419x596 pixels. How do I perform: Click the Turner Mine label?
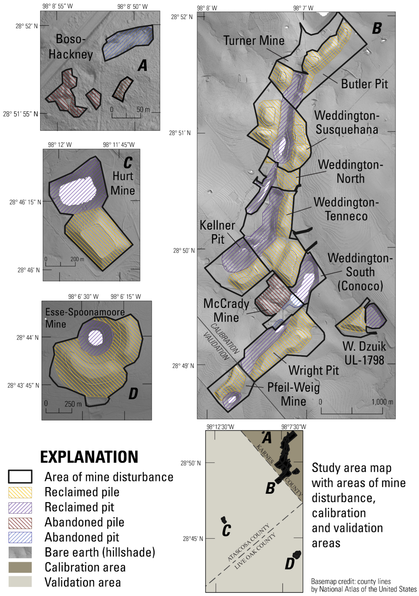254,41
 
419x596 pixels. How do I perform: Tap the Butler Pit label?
364,84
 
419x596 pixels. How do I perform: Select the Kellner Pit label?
217,232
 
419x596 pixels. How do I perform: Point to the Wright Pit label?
313,370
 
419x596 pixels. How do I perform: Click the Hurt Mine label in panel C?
123,183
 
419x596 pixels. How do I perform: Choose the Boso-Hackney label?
71,47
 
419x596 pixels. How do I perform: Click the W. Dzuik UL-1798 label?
364,353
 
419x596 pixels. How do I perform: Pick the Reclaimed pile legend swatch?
20,492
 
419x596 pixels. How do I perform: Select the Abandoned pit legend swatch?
20,537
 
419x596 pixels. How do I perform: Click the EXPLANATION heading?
89,457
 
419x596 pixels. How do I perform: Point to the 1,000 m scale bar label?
382,402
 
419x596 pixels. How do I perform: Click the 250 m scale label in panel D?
73,404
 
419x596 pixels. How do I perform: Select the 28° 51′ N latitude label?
180,133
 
